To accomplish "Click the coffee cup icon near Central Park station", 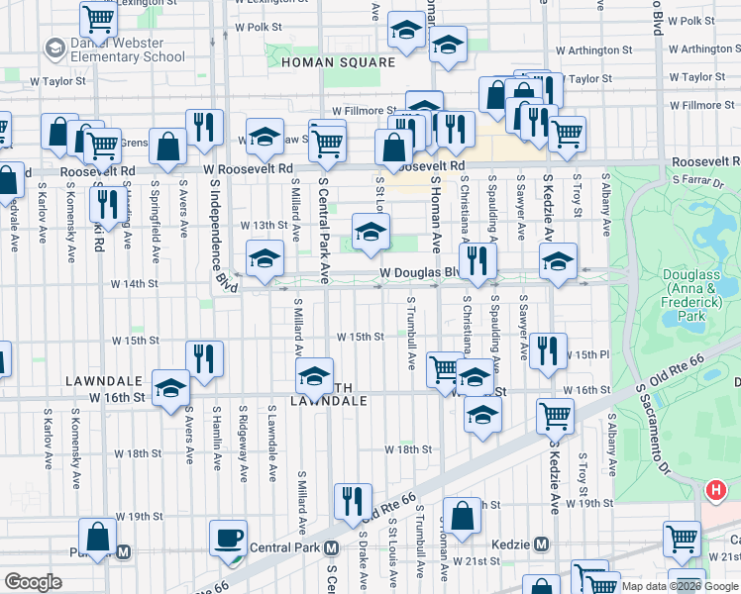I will pyautogui.click(x=228, y=538).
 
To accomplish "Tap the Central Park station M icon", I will pyautogui.click(x=332, y=547).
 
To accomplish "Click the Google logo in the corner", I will pyautogui.click(x=33, y=582).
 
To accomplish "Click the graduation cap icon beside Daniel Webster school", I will pyautogui.click(x=54, y=49).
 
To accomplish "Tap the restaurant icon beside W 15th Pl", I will pyautogui.click(x=547, y=350).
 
